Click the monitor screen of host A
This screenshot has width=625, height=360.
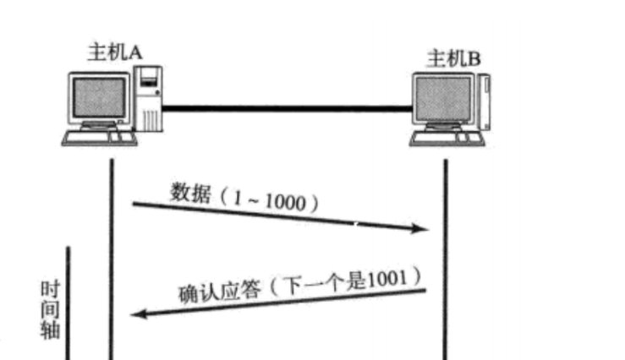(100, 97)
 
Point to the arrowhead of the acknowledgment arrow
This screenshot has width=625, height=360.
(138, 314)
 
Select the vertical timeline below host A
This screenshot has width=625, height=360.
(111, 254)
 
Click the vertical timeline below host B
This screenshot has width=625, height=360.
(446, 254)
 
